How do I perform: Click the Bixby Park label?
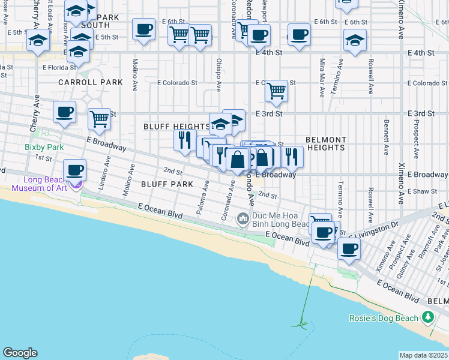pos(44,146)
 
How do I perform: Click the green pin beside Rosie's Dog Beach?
pos(428,317)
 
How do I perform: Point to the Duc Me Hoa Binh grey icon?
pos(243,219)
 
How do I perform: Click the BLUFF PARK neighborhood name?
pos(167,184)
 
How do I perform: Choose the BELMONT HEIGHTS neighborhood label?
pos(326,143)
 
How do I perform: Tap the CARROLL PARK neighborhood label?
pos(91,82)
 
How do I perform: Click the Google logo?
pos(20,353)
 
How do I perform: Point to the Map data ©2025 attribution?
pos(423,355)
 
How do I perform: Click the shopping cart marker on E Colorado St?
pos(276,91)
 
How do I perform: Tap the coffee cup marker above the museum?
pos(74,170)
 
